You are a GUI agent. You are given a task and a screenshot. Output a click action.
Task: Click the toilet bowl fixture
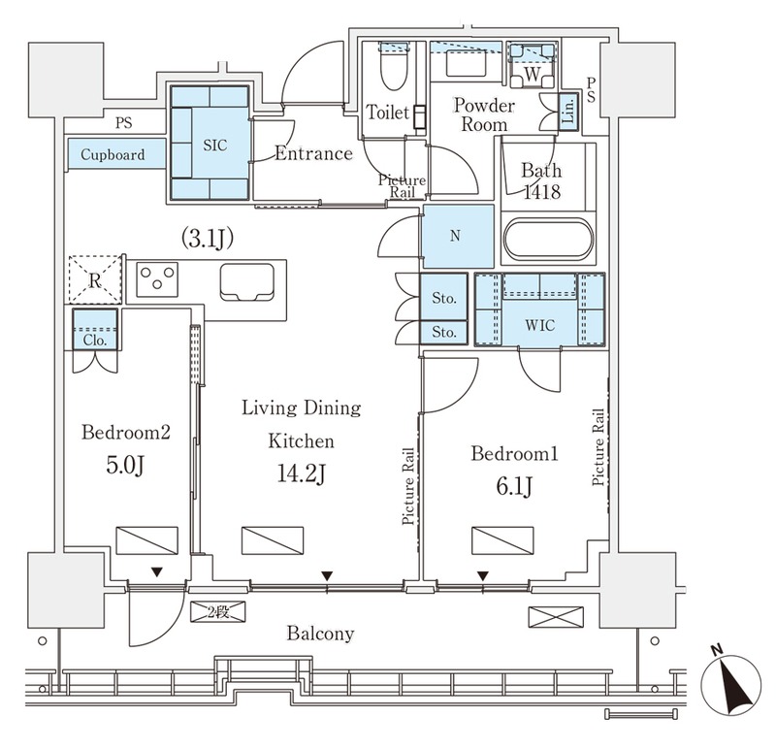394,66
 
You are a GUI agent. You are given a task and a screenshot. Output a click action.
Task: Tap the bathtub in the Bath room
548,239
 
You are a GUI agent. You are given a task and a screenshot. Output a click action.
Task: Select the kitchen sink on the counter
247,281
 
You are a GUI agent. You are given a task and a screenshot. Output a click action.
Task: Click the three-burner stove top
157,279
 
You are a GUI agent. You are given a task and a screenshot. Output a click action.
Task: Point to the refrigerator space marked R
94,279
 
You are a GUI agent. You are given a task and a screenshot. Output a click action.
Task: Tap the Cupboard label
113,155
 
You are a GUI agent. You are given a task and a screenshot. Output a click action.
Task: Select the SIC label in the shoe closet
215,146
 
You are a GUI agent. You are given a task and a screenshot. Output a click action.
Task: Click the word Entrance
313,153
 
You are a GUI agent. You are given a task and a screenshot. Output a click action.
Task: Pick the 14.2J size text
302,473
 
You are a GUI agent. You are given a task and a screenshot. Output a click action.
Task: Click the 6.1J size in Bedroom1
515,487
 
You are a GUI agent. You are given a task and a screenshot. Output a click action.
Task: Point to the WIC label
540,325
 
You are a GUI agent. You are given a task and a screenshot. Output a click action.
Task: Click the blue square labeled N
457,236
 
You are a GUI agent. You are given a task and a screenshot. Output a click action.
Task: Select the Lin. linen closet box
568,112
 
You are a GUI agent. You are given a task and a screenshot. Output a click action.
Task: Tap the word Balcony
321,634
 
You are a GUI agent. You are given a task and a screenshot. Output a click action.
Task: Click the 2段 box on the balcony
217,612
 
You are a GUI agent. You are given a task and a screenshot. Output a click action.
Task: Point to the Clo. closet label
95,341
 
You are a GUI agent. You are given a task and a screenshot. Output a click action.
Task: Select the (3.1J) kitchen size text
208,238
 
